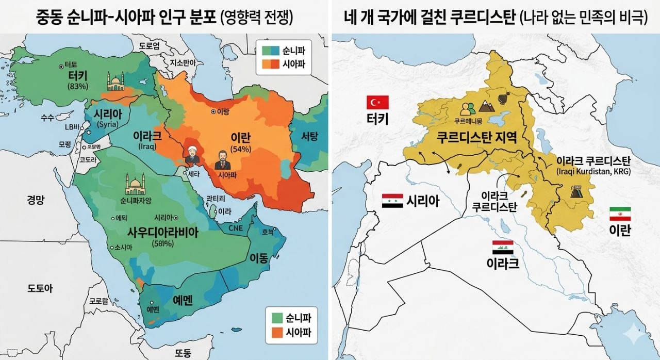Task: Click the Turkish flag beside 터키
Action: (x=377, y=102)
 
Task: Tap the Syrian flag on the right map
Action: (x=392, y=201)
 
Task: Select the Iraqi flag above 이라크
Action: (x=503, y=248)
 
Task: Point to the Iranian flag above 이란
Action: (x=620, y=214)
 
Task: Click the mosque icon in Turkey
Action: (x=115, y=81)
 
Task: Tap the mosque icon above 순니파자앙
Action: (x=135, y=184)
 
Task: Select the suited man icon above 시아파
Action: (x=223, y=160)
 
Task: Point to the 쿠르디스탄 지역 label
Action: (x=476, y=137)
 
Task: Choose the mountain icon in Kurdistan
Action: (x=487, y=106)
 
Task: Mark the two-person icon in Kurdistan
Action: (x=468, y=109)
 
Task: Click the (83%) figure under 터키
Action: (x=78, y=86)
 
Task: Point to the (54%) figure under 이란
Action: (x=240, y=149)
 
